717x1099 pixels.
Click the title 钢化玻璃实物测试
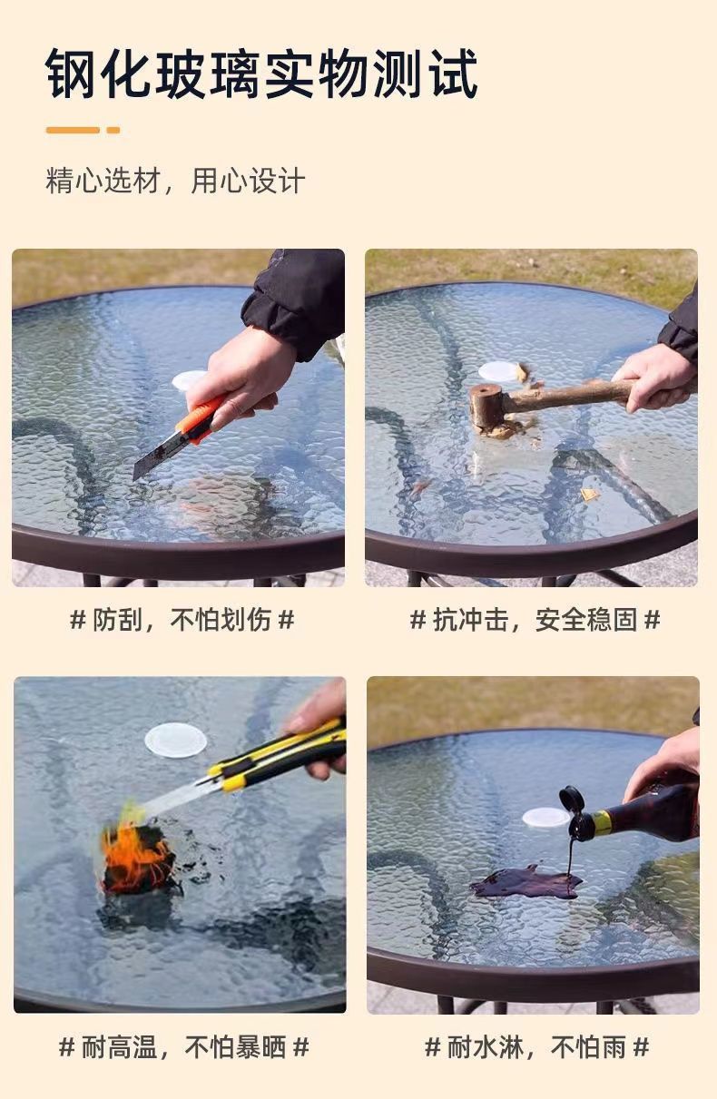261,74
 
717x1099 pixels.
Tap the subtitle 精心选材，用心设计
175,181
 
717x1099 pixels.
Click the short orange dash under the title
113,130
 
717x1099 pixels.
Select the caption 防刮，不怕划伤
182,619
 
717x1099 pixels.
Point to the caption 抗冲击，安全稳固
535,619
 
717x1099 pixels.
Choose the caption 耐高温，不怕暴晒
184,1047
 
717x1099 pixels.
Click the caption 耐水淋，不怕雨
537,1047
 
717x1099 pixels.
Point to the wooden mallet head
486,406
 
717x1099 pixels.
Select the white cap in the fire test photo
176,741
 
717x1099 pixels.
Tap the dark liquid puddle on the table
525,881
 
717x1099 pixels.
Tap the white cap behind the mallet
497,371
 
